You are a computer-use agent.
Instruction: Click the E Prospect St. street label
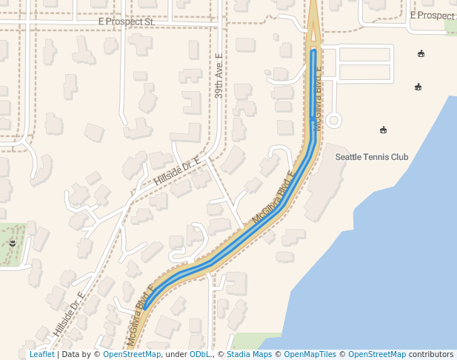coord(125,22)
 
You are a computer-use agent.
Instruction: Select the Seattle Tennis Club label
coord(372,157)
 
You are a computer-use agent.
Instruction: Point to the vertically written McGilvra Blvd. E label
coord(318,99)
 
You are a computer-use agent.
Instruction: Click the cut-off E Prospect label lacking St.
coord(433,16)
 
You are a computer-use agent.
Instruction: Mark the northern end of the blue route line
coord(314,51)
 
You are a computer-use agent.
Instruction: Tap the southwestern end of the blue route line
coord(144,307)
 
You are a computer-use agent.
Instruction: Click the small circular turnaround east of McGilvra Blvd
coord(333,120)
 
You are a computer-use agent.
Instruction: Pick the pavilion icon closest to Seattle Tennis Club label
coord(383,130)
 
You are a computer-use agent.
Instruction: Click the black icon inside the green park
coord(13,242)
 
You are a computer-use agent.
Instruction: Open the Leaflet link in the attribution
coord(41,355)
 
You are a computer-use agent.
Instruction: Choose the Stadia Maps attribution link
coord(249,355)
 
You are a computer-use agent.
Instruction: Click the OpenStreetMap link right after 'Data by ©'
coord(132,355)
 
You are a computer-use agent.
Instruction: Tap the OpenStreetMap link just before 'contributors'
coord(377,355)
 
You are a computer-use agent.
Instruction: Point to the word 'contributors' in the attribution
coord(431,355)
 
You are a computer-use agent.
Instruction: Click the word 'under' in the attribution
coord(176,355)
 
